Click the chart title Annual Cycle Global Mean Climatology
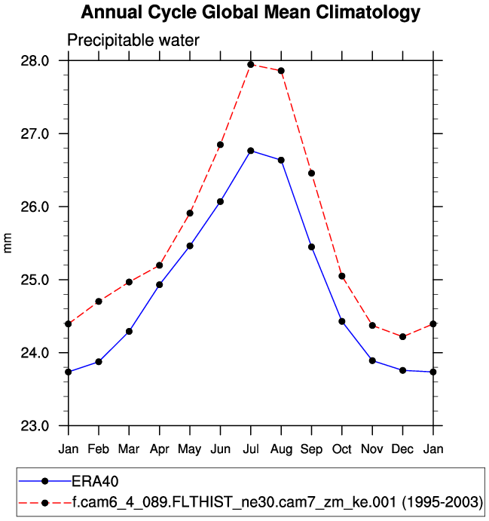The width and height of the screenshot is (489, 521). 250,13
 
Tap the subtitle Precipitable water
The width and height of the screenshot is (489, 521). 133,41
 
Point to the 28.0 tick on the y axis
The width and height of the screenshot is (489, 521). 35,61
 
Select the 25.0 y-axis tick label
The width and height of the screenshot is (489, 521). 35,280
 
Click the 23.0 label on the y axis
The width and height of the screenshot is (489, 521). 35,426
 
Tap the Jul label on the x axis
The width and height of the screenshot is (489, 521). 251,449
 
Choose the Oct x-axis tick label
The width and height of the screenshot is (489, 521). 342,449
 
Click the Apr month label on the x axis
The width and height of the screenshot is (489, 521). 160,449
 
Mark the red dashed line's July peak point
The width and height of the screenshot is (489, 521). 251,64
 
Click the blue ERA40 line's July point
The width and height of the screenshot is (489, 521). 251,151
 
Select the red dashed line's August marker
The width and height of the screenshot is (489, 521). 281,71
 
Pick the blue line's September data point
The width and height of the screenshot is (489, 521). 311,247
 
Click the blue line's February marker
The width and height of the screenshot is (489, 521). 99,362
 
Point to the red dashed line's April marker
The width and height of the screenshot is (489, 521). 160,265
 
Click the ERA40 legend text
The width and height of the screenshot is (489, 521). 96,481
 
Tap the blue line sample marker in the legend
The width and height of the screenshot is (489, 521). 46,481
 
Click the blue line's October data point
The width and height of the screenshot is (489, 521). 342,321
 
